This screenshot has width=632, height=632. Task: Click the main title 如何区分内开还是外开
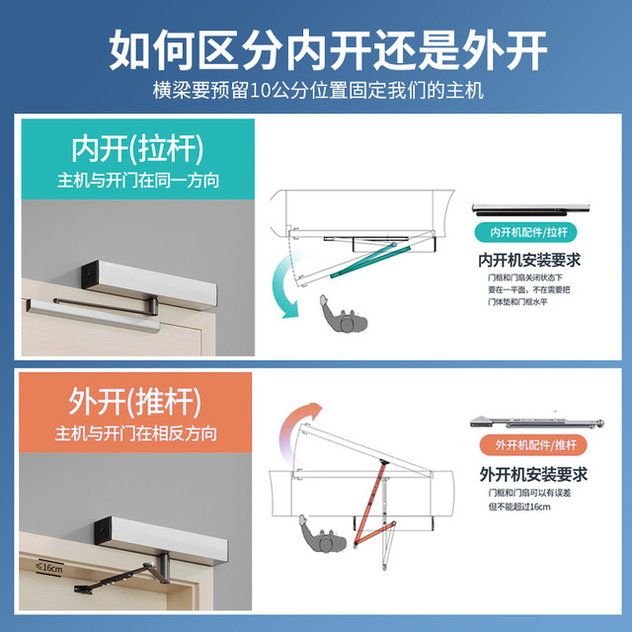pyautogui.click(x=315, y=47)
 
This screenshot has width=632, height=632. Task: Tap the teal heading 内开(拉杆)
pyautogui.click(x=136, y=149)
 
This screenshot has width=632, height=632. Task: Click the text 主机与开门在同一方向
pyautogui.click(x=136, y=181)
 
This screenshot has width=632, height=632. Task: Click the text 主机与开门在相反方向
pyautogui.click(x=136, y=434)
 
